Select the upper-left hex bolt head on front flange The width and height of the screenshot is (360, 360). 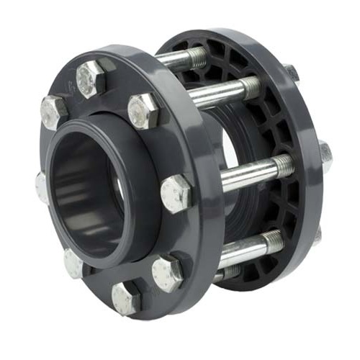[x=53, y=112]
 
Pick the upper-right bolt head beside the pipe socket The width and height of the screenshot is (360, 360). [x=143, y=111]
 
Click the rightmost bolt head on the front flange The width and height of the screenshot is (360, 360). [x=175, y=194]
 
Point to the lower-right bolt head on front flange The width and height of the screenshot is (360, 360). [x=168, y=273]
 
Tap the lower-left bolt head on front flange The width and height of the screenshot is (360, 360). [x=74, y=264]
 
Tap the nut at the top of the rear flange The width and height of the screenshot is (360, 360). [x=291, y=72]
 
